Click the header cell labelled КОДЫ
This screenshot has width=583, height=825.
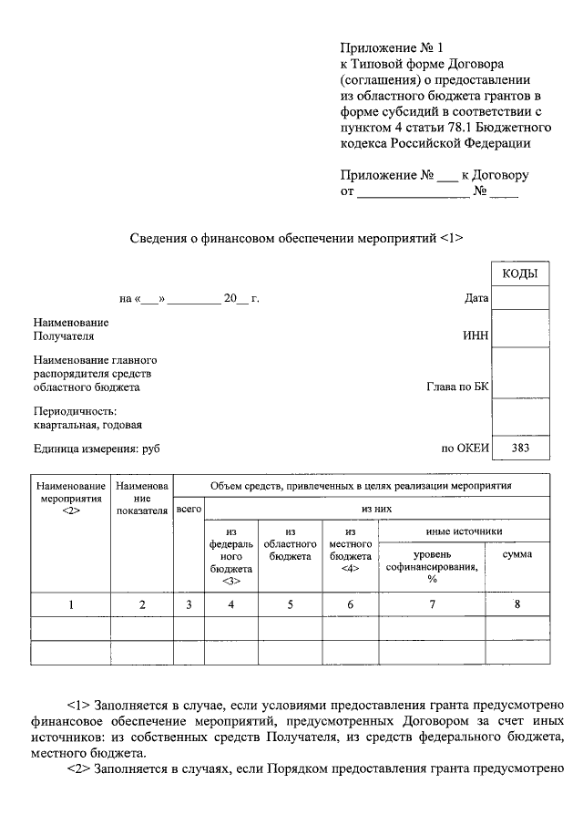(520, 274)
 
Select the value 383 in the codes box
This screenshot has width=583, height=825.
(520, 448)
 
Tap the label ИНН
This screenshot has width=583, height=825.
(476, 335)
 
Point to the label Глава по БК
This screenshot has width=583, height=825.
(457, 387)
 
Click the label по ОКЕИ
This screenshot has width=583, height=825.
(465, 448)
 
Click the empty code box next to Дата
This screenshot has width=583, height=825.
(520, 298)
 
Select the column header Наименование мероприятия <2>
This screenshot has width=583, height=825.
(71, 498)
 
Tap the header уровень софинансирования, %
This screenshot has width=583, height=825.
(432, 566)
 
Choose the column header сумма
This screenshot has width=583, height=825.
(517, 554)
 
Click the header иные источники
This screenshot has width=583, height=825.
(464, 531)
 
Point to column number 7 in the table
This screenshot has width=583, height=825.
(432, 604)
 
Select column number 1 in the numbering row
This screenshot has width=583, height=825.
(71, 604)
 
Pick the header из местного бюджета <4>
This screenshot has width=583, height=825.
(350, 549)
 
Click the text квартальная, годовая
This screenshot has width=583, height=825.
(87, 424)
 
